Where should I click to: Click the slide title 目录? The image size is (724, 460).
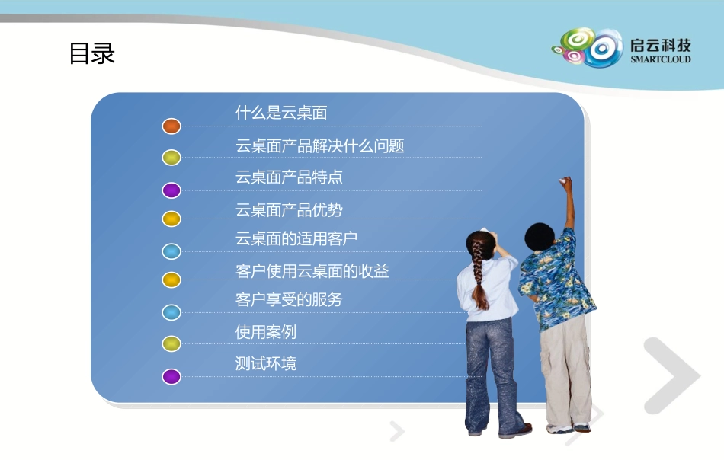(x=92, y=54)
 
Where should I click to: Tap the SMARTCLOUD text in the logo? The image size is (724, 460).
(x=660, y=59)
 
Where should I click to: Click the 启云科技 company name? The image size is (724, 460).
(x=660, y=43)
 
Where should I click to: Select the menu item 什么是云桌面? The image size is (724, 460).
(x=281, y=113)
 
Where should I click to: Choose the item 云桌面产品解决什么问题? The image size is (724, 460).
(x=319, y=145)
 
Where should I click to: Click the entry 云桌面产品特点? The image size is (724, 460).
(x=289, y=177)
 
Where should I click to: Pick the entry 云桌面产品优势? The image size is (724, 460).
(x=289, y=209)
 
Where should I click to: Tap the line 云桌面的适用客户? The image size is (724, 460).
(x=296, y=238)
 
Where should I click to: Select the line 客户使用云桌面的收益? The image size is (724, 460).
(x=312, y=271)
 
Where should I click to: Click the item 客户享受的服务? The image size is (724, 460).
(x=289, y=300)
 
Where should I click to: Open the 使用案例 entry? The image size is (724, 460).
(x=265, y=332)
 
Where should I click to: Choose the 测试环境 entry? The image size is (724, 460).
(x=265, y=364)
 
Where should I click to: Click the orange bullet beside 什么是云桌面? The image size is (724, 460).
(x=171, y=126)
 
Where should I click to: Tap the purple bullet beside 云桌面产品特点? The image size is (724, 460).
(x=171, y=190)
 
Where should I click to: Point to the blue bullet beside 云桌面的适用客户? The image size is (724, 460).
(x=171, y=251)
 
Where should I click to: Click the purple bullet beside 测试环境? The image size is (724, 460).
(x=171, y=376)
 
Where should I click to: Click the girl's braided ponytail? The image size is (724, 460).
(x=479, y=274)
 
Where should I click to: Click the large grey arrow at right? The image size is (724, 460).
(x=671, y=375)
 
